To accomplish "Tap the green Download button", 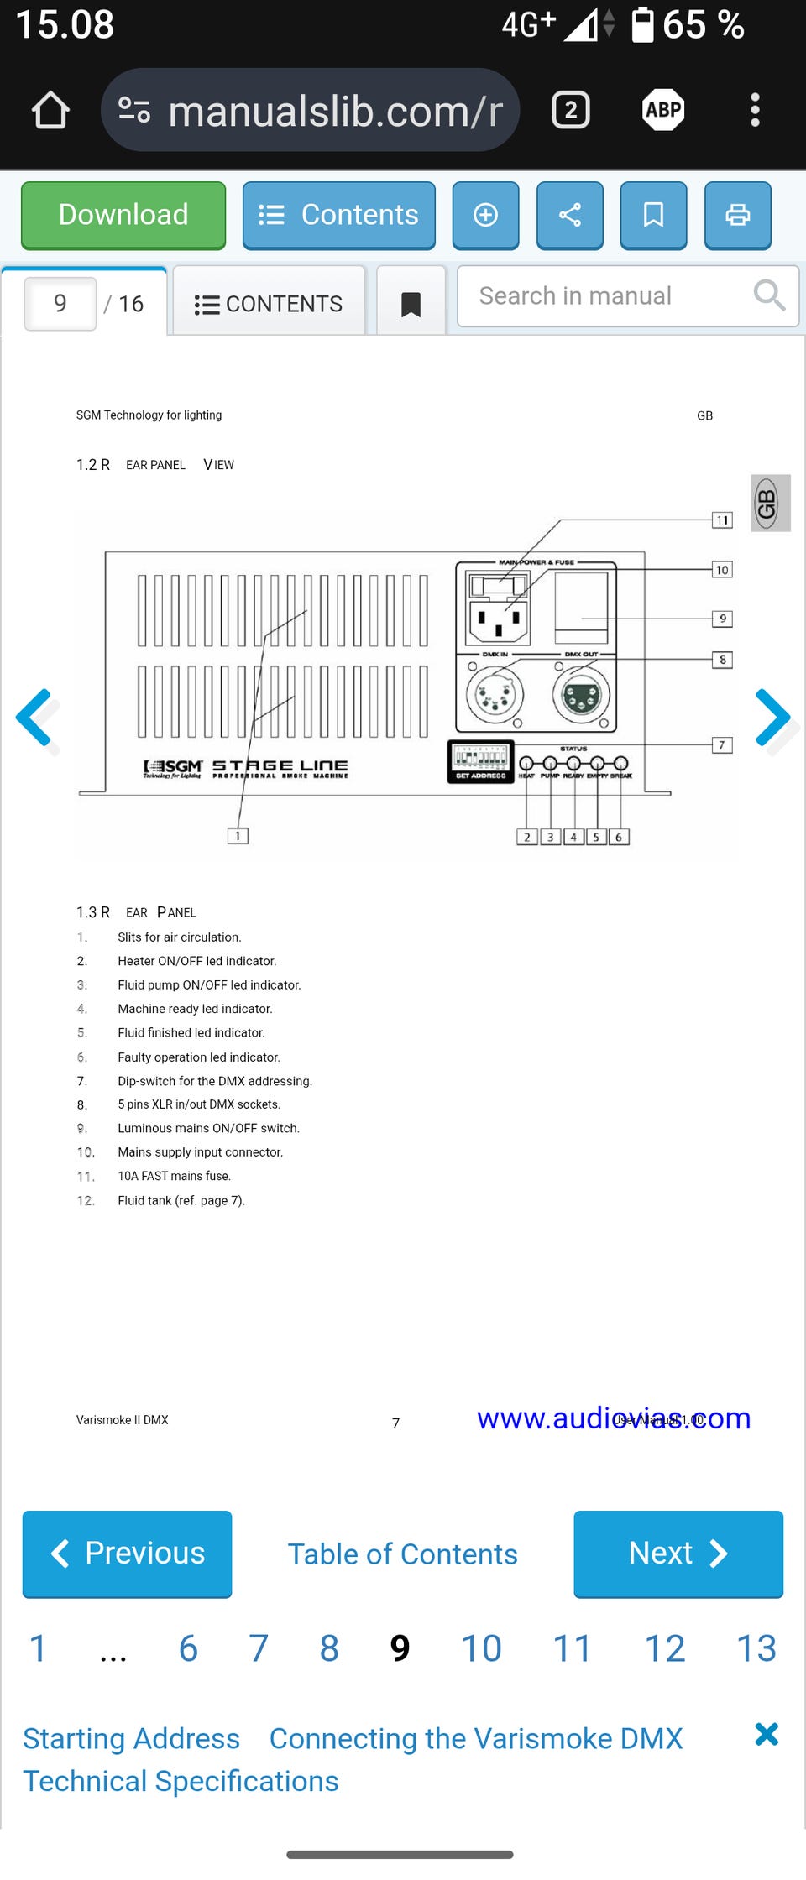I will [123, 215].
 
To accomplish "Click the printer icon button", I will [737, 215].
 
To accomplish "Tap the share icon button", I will [569, 215].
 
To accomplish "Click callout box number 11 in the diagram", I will [722, 520].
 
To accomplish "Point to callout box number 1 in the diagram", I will [238, 836].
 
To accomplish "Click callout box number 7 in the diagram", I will [722, 745].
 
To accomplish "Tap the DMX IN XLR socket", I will [495, 695].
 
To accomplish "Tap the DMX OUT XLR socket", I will [581, 696].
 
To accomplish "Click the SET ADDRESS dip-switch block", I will [480, 761].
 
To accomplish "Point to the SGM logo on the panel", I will [174, 767].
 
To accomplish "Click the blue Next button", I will [678, 1554].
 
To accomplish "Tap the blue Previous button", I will [127, 1554].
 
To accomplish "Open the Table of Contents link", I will [402, 1554].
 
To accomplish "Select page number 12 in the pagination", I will [664, 1648].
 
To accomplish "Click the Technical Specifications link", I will [181, 1781].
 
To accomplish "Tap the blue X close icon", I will [766, 1734].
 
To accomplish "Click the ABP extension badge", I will [663, 110].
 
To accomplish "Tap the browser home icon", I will [50, 110].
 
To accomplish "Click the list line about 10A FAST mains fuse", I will [174, 1176].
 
